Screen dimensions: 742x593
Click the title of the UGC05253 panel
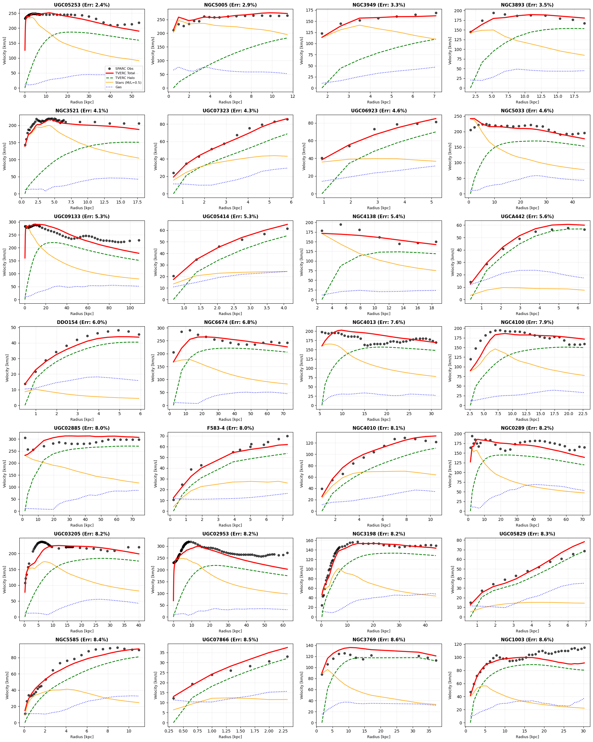click(x=82, y=5)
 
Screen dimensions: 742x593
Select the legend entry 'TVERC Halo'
click(x=125, y=78)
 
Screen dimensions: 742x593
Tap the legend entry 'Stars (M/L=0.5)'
click(x=128, y=83)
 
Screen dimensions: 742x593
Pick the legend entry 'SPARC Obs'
click(x=124, y=69)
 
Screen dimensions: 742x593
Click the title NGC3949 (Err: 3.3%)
click(x=378, y=5)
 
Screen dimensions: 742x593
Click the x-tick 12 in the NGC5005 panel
click(x=293, y=96)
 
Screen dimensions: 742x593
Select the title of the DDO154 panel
click(x=82, y=322)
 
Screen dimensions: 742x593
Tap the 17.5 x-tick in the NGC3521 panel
click(x=137, y=202)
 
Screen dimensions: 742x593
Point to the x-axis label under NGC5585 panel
click(x=82, y=737)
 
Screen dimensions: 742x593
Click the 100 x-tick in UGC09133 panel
click(x=130, y=308)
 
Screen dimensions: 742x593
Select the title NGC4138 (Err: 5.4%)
click(x=378, y=216)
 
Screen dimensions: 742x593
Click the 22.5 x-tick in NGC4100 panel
click(x=583, y=414)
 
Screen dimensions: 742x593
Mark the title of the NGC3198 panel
click(x=378, y=534)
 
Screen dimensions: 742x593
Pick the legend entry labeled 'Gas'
click(x=118, y=87)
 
